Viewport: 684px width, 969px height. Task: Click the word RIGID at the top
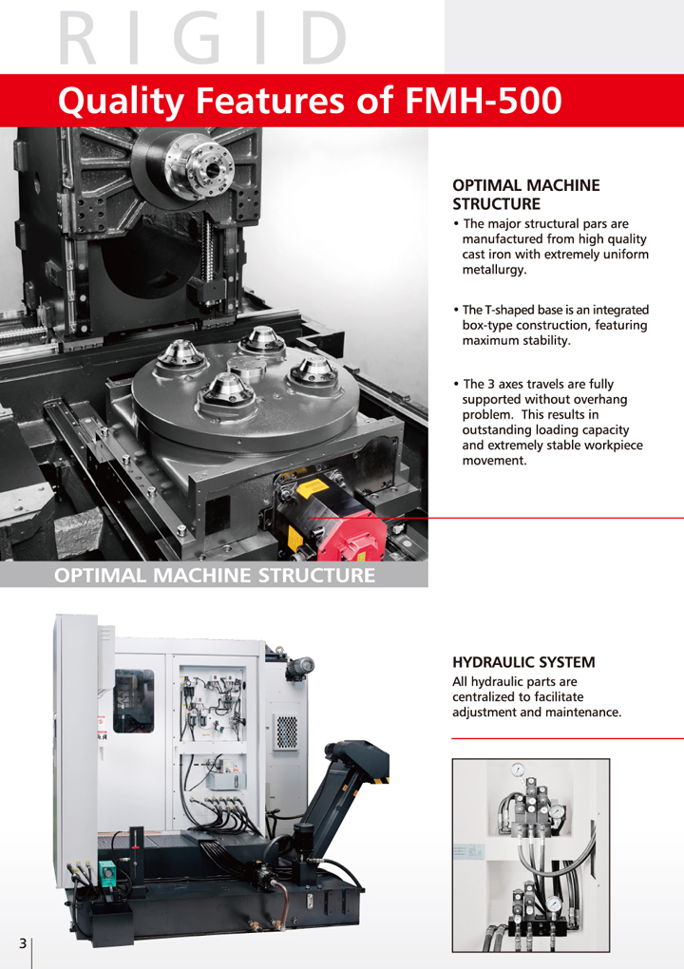202,38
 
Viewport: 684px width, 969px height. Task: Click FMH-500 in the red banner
484,100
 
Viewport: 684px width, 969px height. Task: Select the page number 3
23,943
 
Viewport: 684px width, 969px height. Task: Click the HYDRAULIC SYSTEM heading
523,662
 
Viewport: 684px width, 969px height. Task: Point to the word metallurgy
494,270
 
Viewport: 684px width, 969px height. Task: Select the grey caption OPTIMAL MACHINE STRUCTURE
215,576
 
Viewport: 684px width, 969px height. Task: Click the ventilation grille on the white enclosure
285,732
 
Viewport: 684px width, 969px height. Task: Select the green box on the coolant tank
107,870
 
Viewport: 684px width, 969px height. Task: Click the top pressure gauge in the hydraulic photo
518,769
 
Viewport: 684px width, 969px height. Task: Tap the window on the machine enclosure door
133,701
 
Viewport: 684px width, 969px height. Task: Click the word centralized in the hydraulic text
484,697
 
